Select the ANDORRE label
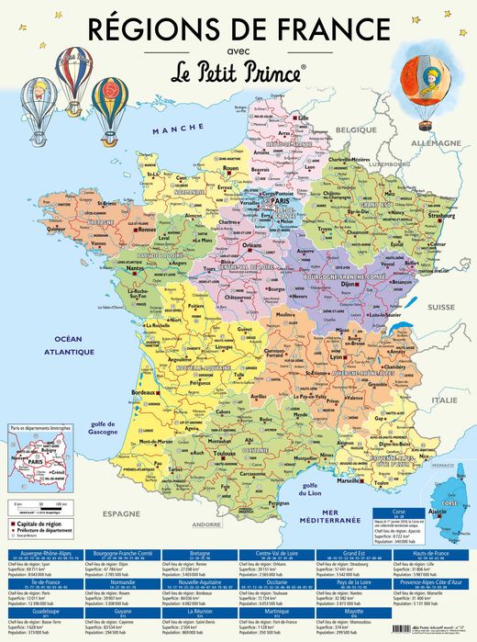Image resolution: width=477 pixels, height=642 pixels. point(206,524)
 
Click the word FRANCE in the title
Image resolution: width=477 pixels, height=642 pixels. point(318,27)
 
